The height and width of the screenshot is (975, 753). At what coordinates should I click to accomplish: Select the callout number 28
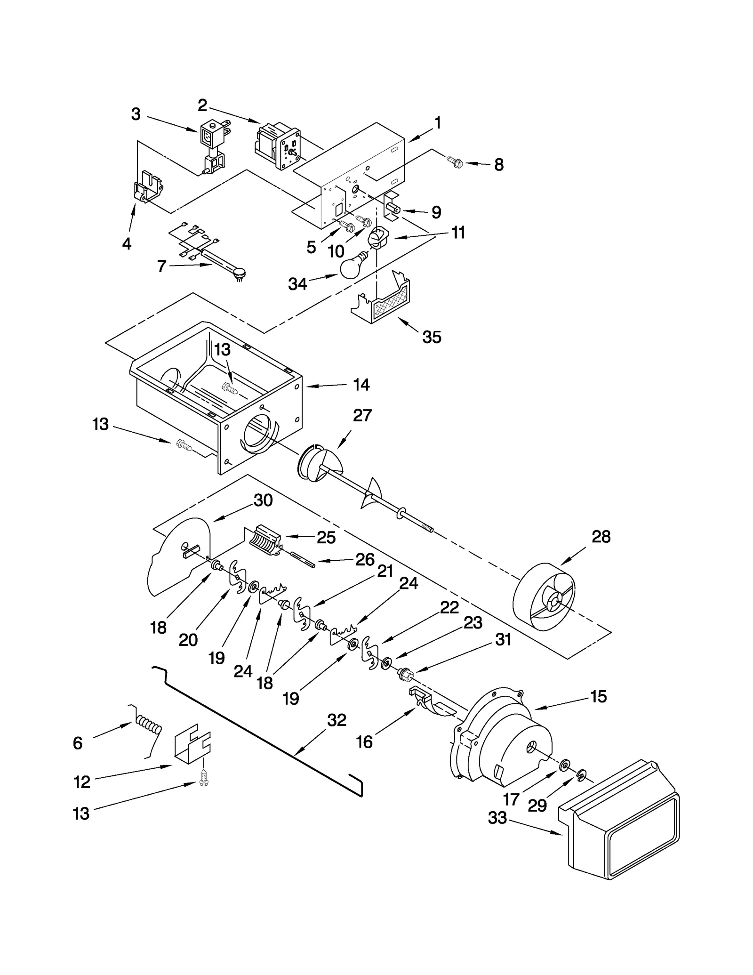click(x=601, y=537)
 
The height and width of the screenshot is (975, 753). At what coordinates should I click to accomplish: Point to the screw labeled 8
click(x=456, y=163)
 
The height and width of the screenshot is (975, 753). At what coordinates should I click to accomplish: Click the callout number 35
click(x=432, y=337)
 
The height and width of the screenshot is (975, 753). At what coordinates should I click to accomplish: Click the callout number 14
click(x=361, y=385)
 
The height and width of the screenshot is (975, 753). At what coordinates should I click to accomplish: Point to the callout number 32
click(x=336, y=720)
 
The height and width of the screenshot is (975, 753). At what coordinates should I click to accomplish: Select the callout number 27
click(x=362, y=415)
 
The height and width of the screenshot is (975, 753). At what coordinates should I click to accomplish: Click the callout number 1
click(x=438, y=123)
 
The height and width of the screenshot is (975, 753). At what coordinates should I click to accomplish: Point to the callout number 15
click(x=598, y=696)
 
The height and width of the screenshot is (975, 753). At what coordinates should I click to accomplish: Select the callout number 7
click(x=161, y=266)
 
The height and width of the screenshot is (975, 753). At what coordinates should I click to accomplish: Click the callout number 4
click(x=126, y=243)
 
